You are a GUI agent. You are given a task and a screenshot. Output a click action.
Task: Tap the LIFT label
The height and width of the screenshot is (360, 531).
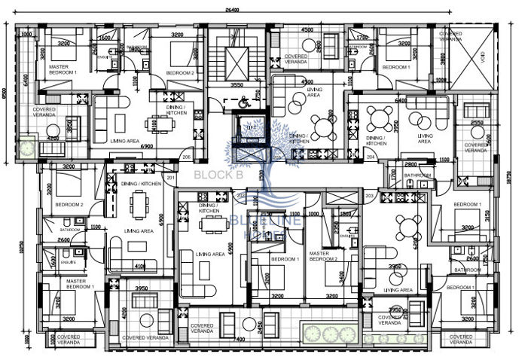point(252,129)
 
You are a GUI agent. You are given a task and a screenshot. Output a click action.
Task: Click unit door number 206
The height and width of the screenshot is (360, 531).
point(186,157)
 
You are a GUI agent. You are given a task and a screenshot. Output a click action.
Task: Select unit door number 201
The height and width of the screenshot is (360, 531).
point(171,177)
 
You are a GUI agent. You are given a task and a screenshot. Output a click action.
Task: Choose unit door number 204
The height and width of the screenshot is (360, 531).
point(371,157)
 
